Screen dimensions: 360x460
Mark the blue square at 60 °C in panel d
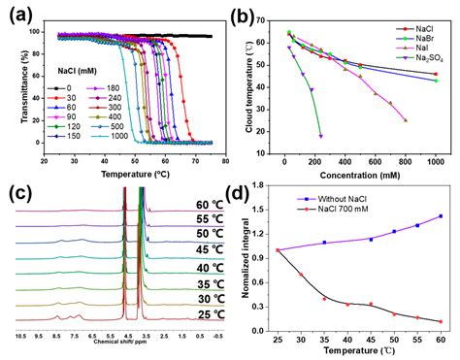point(441,216)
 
